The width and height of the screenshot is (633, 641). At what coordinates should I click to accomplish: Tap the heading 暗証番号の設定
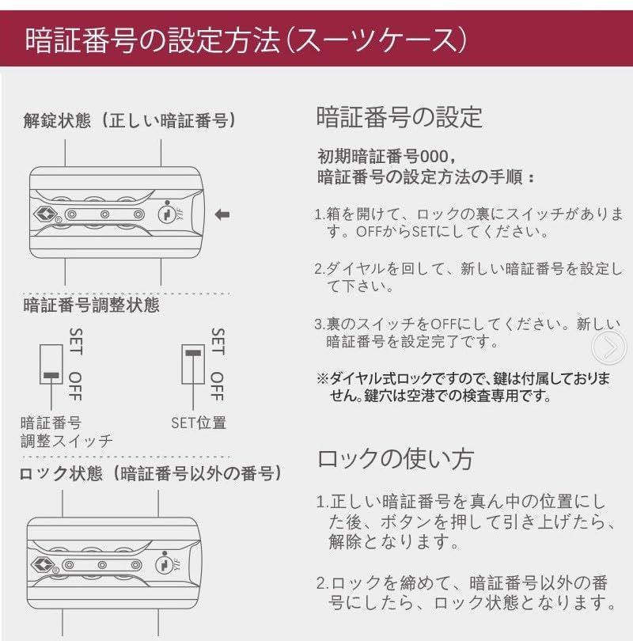399,117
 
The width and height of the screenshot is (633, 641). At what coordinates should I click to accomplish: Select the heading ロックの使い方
395,459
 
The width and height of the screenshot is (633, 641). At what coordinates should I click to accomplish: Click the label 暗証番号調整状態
91,304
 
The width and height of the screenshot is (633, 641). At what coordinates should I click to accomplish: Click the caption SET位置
199,423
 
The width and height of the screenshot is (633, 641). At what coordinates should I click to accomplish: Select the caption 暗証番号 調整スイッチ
66,432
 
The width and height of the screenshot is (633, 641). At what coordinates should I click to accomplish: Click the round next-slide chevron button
609,347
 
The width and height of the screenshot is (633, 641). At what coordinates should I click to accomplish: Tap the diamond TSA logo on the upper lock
47,214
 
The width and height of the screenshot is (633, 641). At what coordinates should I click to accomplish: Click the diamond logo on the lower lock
47,564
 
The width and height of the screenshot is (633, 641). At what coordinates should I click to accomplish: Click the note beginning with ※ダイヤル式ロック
463,387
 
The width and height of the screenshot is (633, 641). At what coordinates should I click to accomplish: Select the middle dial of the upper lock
104,214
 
